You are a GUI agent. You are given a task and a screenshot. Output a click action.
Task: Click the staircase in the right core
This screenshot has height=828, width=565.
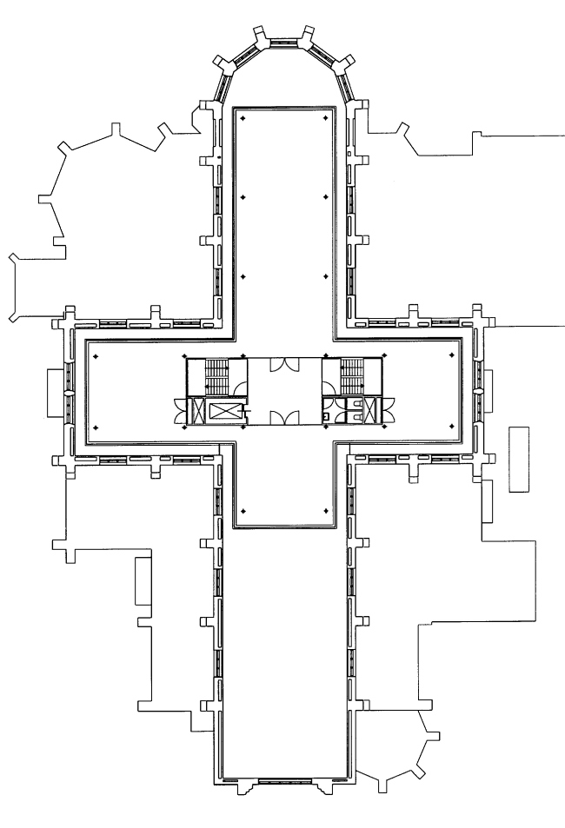point(351,375)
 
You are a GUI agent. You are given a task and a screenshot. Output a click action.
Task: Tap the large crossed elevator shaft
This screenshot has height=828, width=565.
point(216,412)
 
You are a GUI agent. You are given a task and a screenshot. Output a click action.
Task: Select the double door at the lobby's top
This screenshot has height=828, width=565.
point(283,366)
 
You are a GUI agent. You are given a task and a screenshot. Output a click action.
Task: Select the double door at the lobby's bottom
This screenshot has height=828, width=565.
point(283,418)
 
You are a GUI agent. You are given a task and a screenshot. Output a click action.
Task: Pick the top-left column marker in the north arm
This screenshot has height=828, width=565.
point(243,117)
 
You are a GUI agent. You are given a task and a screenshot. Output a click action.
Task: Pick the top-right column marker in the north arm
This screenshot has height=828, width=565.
point(325,117)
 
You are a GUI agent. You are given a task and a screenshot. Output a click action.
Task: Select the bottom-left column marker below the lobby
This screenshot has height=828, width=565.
point(243,510)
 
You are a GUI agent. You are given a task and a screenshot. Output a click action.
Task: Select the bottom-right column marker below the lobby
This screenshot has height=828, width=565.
point(325,510)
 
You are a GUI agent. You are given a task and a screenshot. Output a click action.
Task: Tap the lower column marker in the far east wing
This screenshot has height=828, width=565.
point(452,426)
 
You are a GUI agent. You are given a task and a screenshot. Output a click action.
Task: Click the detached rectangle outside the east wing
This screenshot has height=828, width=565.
point(519,460)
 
